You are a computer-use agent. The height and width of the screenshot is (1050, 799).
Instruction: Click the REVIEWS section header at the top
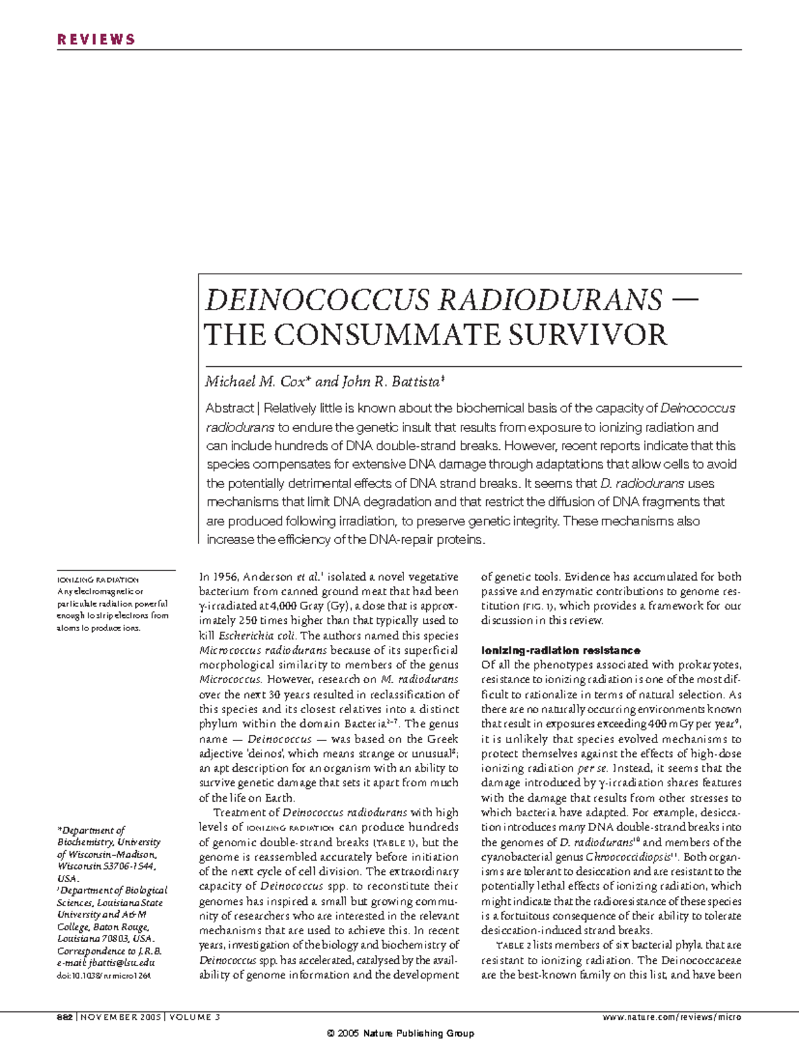coord(96,39)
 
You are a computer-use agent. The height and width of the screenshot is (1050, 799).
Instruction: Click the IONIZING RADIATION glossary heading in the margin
coord(98,580)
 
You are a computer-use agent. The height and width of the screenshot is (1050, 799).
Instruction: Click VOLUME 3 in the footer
coord(196,1017)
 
